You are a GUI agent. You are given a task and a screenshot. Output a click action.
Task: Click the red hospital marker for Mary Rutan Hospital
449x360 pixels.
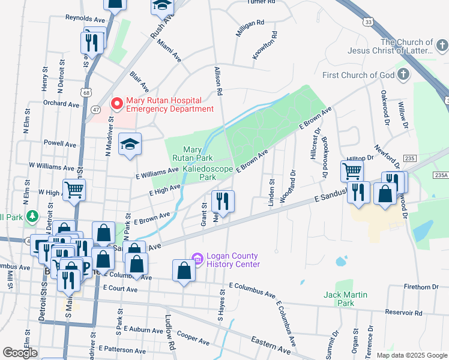coord(115,103)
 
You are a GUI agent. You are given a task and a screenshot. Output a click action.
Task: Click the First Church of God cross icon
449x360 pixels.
coord(404,75)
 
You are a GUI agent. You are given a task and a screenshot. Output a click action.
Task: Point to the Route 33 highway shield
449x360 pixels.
coord(367,22)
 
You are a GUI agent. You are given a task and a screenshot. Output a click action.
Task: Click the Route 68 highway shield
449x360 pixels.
coord(88,92)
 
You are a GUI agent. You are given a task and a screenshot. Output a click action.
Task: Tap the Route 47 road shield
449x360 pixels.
coord(96,109)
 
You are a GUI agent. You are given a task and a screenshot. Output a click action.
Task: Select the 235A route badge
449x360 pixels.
coord(441,174)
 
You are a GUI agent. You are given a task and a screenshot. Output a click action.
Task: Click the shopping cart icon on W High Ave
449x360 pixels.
coord(74,189)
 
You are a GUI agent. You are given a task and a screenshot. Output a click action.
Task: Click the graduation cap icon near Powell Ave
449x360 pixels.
coord(129,144)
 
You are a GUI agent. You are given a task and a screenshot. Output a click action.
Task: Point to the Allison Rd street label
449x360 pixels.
coord(218,82)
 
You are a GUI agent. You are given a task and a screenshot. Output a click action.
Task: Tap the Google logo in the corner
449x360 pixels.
coord(20,353)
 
